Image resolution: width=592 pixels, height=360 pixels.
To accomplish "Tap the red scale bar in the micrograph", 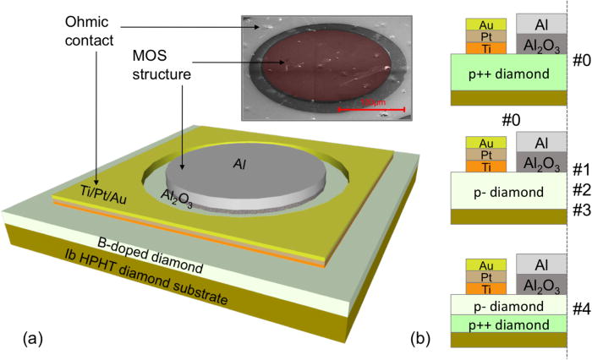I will coord(372,109).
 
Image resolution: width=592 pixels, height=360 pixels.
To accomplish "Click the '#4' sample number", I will coord(579,308).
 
